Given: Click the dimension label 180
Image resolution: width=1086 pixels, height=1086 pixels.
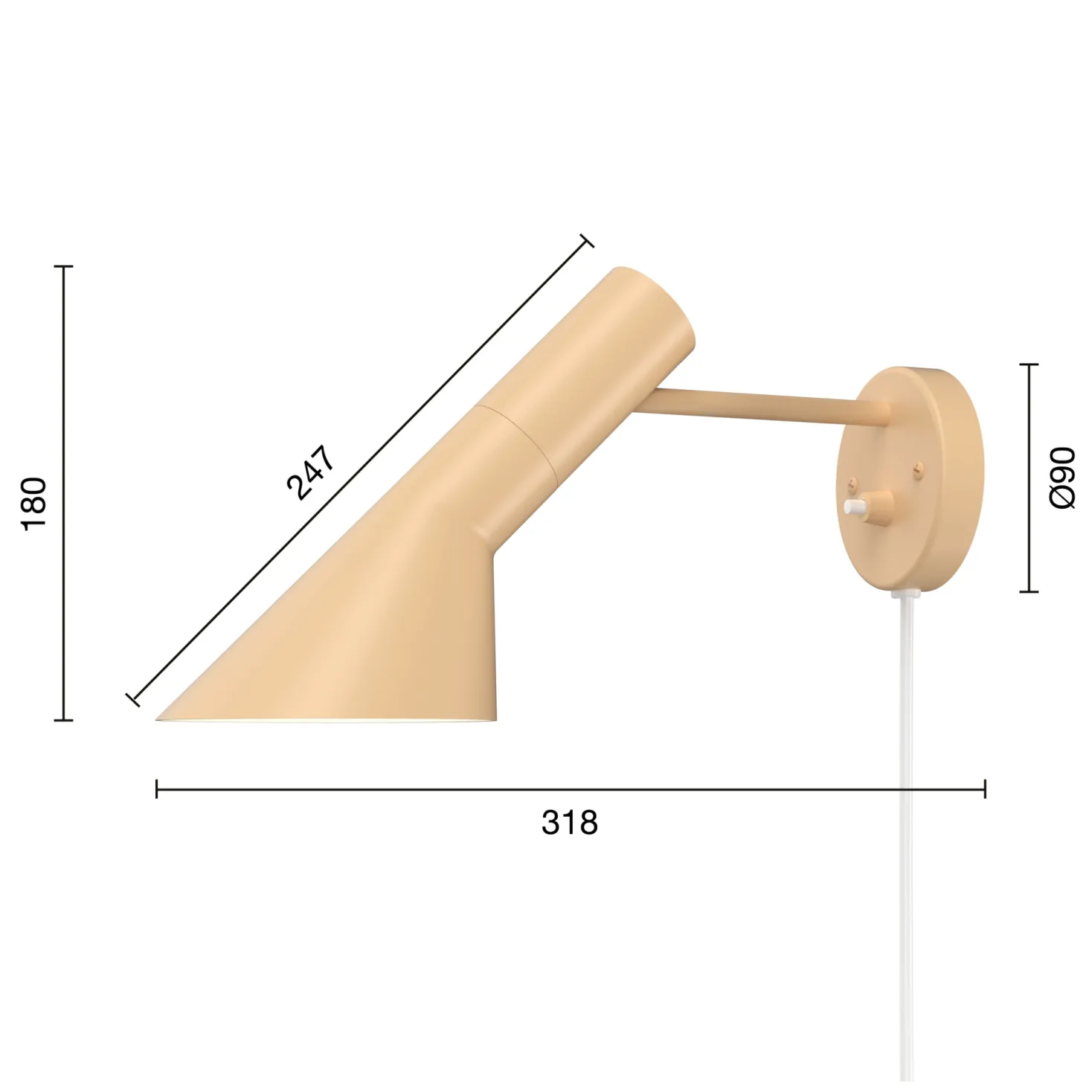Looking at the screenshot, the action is coord(33,503).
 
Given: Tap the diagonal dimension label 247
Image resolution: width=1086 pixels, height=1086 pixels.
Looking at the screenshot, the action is coord(310,472).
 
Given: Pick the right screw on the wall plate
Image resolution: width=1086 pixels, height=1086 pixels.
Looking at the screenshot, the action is coord(919,466).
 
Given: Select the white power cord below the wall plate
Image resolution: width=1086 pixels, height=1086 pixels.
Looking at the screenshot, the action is coord(906,834).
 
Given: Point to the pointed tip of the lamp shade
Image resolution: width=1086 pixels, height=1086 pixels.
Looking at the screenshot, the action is coord(156,719).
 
